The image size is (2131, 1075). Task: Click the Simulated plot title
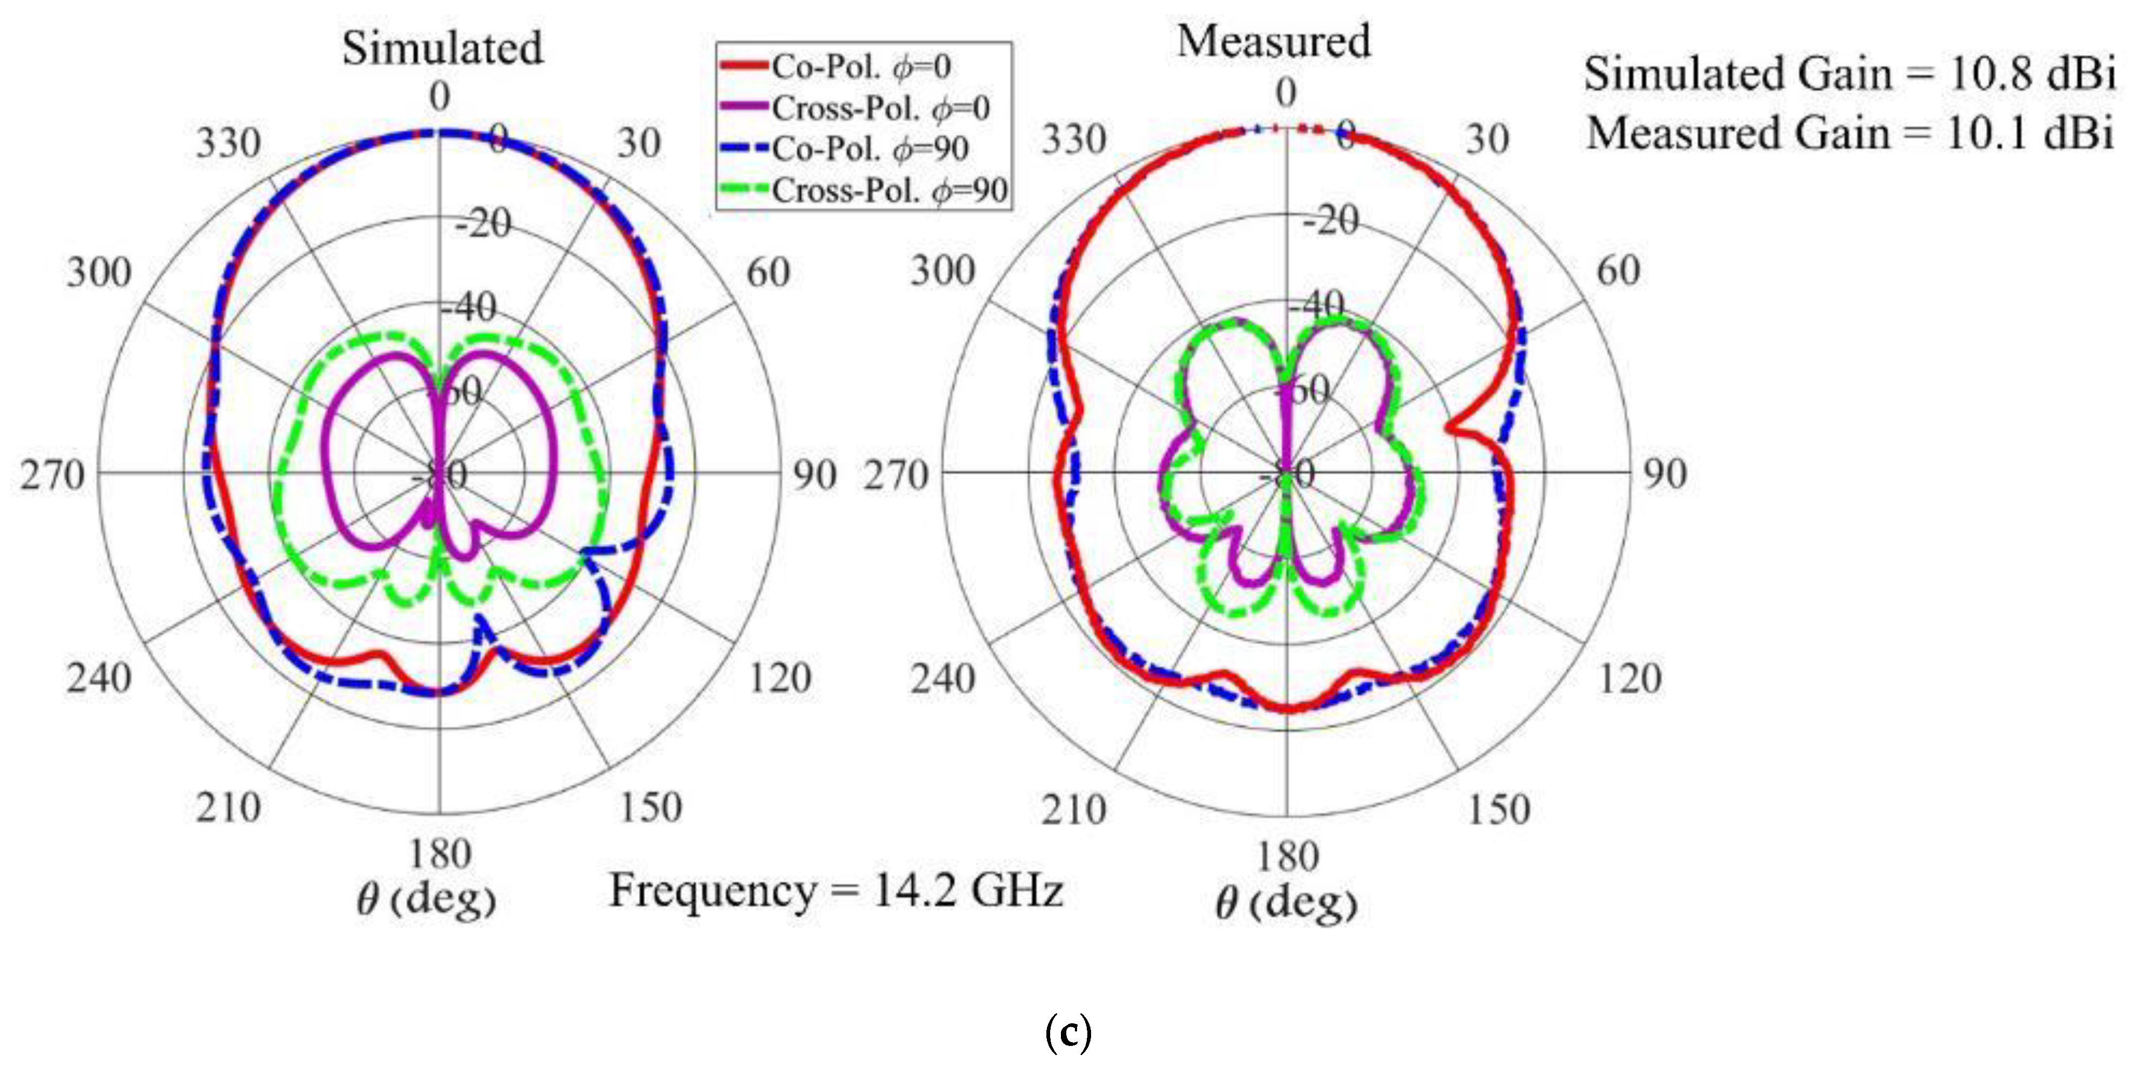[x=443, y=48]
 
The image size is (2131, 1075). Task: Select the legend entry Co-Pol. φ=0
[x=861, y=67]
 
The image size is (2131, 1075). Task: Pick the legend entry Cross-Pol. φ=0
[x=879, y=108]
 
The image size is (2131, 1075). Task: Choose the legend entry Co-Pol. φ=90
[x=869, y=149]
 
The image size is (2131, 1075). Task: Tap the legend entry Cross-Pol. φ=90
[x=889, y=190]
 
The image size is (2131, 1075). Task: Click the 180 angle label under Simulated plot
[x=439, y=853]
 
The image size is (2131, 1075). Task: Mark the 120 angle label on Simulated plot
[x=779, y=678]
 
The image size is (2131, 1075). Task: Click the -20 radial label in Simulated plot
[x=484, y=223]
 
